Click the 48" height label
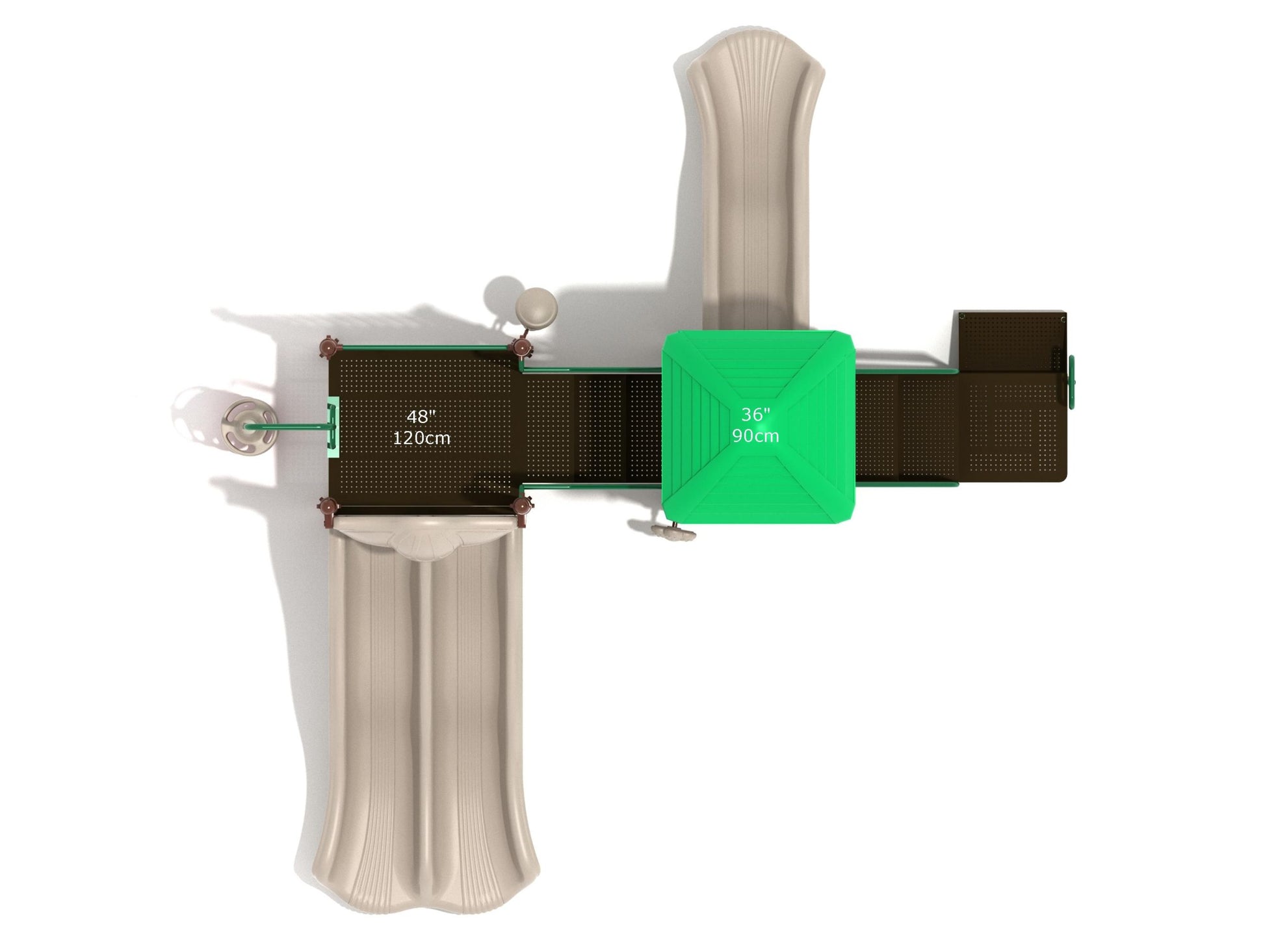point(421,417)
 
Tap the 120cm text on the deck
point(421,438)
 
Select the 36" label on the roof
point(755,414)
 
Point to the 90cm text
point(755,435)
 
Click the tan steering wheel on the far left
point(245,426)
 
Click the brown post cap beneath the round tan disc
point(522,348)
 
